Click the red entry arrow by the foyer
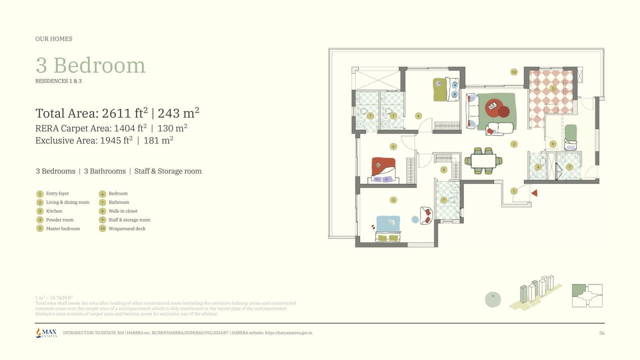click(534, 193)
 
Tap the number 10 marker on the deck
click(513, 72)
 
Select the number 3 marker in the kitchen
click(552, 88)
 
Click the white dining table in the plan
click(483, 161)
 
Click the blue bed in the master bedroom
click(388, 224)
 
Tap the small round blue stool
click(415, 219)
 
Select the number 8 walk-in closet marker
click(443, 169)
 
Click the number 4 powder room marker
click(538, 167)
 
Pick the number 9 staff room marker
click(552, 144)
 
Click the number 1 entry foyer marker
click(513, 191)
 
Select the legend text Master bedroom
click(63, 228)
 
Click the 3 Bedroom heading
click(90, 65)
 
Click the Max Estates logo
click(46, 332)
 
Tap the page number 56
click(601, 333)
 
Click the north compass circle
click(492, 299)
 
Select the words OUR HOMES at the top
click(53, 39)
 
